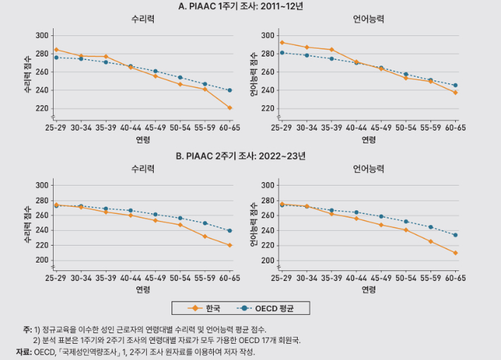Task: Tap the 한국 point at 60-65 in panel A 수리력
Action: click(230, 108)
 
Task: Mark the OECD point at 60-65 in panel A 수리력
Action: click(230, 90)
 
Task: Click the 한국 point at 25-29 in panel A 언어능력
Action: click(282, 42)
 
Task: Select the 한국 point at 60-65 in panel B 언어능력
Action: click(456, 253)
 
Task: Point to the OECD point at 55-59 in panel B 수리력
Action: click(205, 223)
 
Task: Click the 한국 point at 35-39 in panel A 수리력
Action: click(106, 56)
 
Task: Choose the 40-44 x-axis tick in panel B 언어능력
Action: click(356, 278)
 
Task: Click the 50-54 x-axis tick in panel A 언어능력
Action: click(406, 128)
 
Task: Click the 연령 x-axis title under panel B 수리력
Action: click(143, 289)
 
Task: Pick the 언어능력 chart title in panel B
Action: click(368, 169)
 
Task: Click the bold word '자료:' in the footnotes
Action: click(24, 352)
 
